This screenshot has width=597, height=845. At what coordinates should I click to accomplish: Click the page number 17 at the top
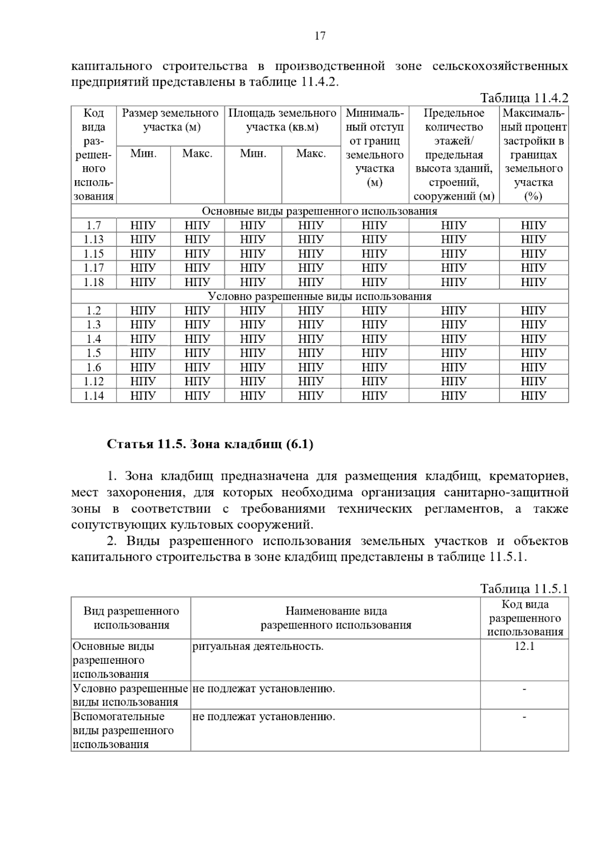click(x=320, y=36)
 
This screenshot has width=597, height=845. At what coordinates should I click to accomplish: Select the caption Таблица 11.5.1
click(x=523, y=589)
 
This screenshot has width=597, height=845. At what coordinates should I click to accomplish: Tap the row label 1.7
click(x=94, y=225)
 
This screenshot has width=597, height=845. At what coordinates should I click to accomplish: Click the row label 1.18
click(x=94, y=282)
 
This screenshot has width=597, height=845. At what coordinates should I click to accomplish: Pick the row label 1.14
click(x=94, y=396)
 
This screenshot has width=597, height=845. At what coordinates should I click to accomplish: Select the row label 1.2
click(x=94, y=311)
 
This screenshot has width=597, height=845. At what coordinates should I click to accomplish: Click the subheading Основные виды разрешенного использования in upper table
click(x=319, y=211)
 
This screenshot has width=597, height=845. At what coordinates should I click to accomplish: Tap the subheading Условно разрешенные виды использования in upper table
click(x=319, y=297)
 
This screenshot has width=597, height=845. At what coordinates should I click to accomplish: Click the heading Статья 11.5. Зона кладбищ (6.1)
click(x=210, y=444)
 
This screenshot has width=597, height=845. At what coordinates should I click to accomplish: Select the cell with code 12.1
click(x=524, y=646)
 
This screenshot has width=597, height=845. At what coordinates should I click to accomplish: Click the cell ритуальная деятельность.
click(x=258, y=646)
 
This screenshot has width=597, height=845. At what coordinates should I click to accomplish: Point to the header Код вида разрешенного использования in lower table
click(x=524, y=618)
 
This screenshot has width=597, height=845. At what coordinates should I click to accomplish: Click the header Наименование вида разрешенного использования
click(x=336, y=618)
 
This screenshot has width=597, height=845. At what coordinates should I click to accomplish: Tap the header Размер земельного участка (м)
click(x=170, y=120)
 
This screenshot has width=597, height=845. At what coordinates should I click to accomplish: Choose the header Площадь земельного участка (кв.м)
click(x=282, y=120)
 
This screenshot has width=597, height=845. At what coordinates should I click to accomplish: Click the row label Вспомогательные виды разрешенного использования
click(x=123, y=731)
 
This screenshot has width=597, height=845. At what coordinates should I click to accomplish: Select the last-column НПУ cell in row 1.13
click(x=533, y=239)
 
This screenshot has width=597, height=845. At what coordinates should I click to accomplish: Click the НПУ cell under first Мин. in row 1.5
click(x=143, y=353)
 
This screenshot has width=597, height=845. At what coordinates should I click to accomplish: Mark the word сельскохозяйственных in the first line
click(x=500, y=66)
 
